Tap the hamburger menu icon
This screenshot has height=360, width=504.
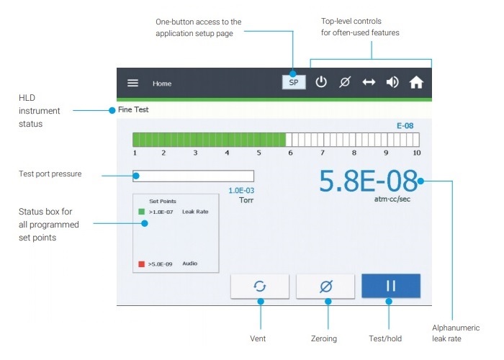(132, 83)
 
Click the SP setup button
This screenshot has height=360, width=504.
(294, 82)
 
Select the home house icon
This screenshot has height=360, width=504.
(416, 82)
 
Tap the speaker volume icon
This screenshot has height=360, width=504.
(392, 82)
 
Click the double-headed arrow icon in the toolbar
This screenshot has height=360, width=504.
(369, 82)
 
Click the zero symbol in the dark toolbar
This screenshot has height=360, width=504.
(345, 82)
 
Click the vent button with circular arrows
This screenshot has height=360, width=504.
(260, 286)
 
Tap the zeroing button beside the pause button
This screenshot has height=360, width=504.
(325, 286)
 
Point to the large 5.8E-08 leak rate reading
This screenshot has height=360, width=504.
(369, 181)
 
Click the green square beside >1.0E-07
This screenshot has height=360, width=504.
(141, 212)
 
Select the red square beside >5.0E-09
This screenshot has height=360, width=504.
(141, 264)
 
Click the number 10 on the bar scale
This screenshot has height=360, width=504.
(417, 153)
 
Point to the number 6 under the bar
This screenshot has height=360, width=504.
(290, 153)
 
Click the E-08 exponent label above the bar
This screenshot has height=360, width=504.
(405, 126)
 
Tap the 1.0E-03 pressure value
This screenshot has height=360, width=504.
(241, 191)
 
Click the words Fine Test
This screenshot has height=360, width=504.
(133, 109)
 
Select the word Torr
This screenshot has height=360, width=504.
(246, 200)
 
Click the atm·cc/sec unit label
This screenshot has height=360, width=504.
(392, 199)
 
